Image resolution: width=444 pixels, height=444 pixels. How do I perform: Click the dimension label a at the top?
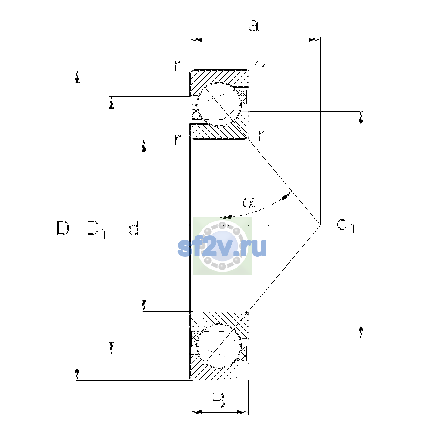coord(254,26)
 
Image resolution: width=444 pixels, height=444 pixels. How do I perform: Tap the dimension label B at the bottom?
coord(218,400)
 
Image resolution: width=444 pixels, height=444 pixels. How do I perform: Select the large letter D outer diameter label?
coord(63,228)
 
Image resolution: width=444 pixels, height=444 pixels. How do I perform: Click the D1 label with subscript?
coord(96,229)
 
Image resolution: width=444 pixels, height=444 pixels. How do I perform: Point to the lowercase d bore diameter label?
coord(134,228)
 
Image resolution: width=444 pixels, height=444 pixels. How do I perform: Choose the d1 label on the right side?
coord(346,225)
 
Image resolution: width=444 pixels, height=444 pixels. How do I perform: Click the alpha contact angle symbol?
coord(249,203)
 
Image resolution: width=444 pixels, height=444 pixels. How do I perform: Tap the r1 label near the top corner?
coord(259,68)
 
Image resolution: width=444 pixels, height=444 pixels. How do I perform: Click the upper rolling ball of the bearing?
coord(219,104)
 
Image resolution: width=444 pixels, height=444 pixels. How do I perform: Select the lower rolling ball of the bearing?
coord(219,346)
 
